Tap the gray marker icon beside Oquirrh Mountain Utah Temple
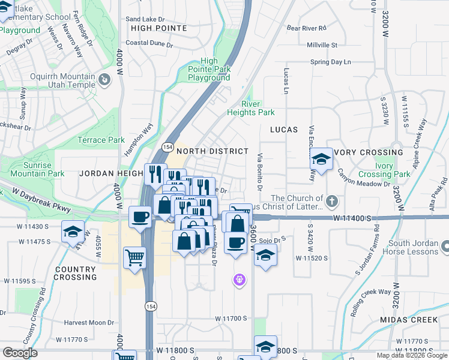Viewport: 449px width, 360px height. pos(104,79)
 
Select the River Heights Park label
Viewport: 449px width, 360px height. pos(250,108)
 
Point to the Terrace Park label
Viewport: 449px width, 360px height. pos(101,140)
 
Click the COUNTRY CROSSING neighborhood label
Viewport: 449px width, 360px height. pos(75,273)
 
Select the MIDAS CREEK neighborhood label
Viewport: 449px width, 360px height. pos(409,320)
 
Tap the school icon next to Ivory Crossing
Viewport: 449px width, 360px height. pos(321,159)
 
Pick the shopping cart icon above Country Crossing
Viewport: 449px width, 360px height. pos(134,257)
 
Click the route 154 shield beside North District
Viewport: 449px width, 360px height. pos(167,148)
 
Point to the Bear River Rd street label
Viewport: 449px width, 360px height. pos(306,28)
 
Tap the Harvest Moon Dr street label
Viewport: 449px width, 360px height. pos(89,323)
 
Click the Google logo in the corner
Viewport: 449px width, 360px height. pos(20,353)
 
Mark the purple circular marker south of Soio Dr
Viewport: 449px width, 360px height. pos(240,280)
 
